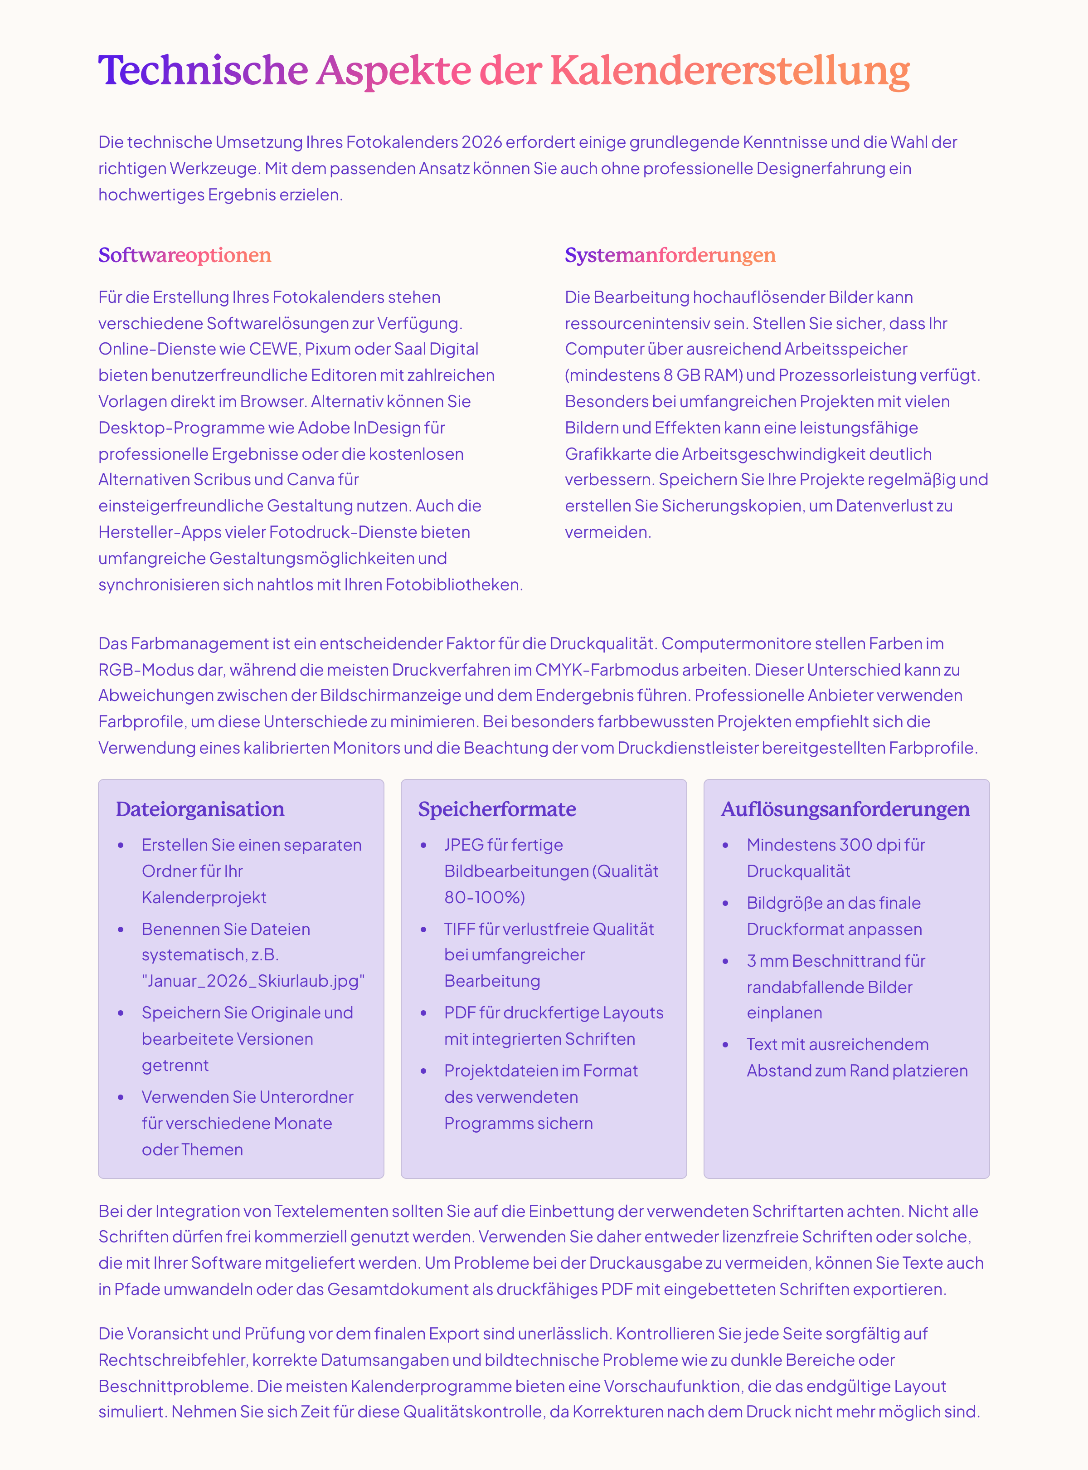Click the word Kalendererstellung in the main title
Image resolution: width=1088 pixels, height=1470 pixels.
pos(730,70)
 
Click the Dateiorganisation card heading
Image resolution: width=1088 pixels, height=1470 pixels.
pos(199,809)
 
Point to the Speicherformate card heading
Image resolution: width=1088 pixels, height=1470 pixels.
pos(496,809)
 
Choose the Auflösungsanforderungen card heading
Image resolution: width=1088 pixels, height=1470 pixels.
pos(845,809)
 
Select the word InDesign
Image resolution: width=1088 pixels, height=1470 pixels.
pos(387,428)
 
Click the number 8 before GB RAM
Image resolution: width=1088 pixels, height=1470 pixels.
pos(668,375)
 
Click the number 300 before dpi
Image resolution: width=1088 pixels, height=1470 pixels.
pos(855,845)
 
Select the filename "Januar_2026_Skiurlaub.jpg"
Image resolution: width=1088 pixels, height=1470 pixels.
pos(253,981)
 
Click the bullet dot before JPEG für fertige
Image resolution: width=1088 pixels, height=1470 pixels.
pos(423,846)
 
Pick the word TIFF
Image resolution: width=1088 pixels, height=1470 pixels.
pos(459,929)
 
